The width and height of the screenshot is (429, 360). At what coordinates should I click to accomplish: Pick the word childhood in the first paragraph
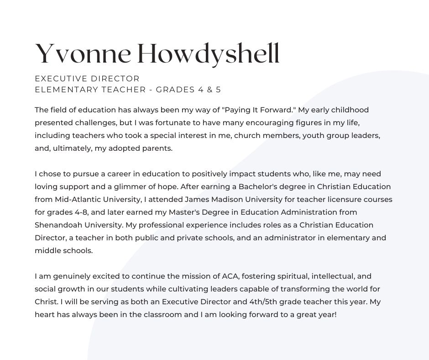pos(352,110)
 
